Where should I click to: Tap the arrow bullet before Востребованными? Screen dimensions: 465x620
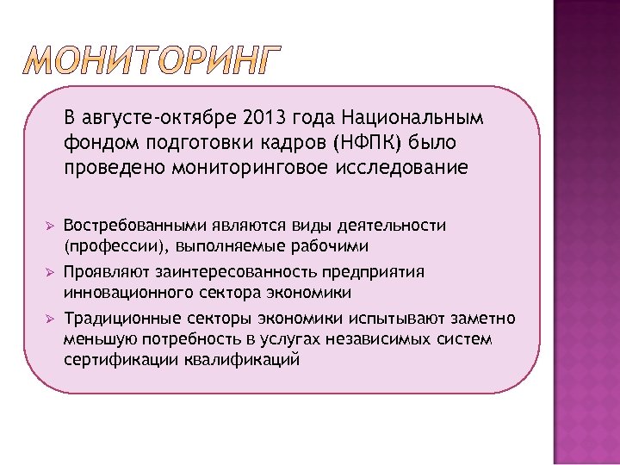[50, 226]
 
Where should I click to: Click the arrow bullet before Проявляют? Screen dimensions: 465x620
[50, 273]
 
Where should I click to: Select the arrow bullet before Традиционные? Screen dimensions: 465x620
[50, 319]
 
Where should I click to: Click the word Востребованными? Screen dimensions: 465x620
[134, 226]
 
